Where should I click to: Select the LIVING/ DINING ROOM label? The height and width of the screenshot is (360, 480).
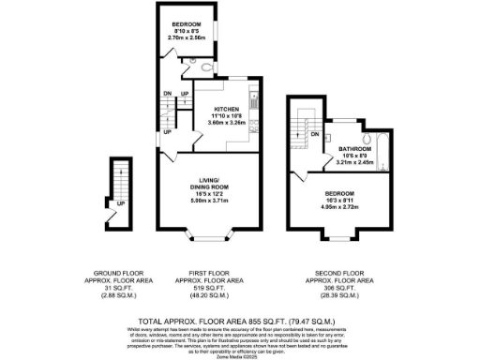208,182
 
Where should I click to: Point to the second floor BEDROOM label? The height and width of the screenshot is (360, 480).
341,192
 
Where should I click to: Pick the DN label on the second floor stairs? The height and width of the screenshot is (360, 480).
315,134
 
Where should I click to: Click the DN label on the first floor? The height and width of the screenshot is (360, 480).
166,94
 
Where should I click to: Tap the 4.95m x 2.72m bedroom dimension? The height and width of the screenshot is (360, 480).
341,205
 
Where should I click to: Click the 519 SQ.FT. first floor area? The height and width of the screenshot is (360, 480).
210,287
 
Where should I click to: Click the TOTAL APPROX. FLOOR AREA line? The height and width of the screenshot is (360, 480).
240,319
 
